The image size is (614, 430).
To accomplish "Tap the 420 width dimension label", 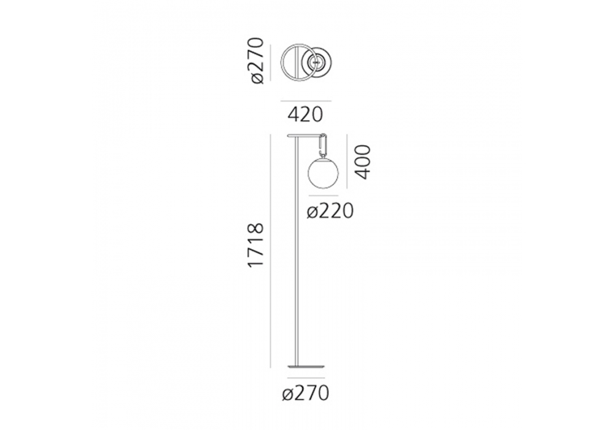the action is (x=305, y=115).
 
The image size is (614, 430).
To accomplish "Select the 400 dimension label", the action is (x=362, y=162).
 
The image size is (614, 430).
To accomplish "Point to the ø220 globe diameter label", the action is (x=330, y=212).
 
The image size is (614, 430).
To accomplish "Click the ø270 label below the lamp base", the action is (x=305, y=393).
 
